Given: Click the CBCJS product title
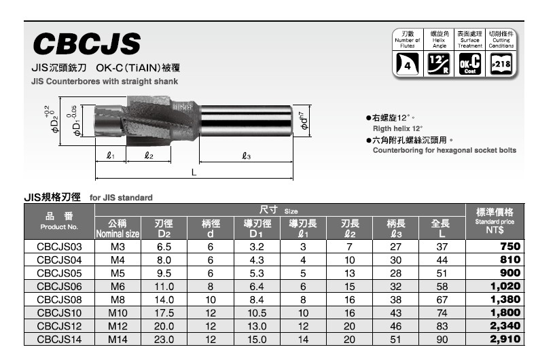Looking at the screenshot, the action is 87,43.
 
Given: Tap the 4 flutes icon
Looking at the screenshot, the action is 408,64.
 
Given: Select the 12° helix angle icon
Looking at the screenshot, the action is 439,64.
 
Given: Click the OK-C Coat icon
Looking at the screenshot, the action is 469,64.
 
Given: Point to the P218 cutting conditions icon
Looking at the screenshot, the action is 501,64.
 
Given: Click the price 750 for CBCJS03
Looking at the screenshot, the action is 510,247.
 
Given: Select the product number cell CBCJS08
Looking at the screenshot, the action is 59,300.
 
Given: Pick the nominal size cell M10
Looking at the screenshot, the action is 118,313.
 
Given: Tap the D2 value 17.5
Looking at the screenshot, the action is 164,313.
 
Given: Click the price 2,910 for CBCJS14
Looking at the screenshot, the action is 505,339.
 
